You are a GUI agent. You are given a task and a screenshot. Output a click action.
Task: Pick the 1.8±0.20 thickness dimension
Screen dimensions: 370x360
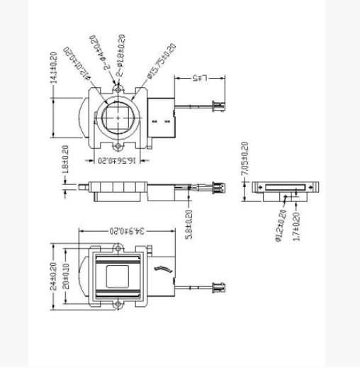64,164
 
